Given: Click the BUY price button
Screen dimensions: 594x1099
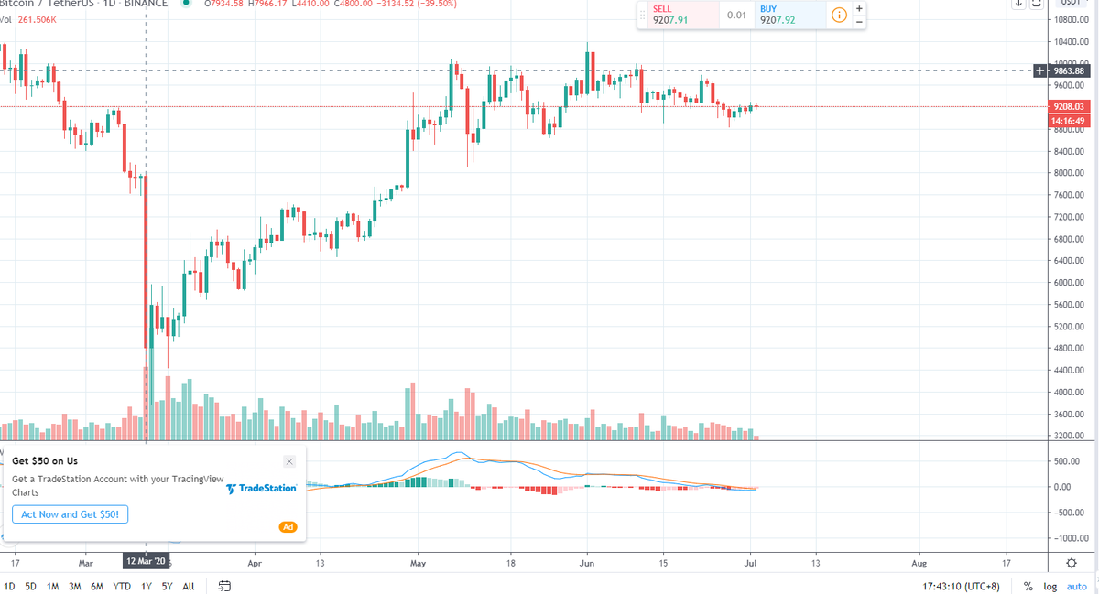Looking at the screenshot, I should (780, 15).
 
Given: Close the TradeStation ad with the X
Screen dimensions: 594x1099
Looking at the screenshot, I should (289, 461).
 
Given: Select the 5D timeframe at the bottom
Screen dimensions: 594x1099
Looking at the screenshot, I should (31, 586).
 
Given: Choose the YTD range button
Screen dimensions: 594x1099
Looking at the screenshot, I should (121, 586).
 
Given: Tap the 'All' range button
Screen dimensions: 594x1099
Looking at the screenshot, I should (188, 586).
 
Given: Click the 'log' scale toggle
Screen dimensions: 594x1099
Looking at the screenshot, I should (1050, 586).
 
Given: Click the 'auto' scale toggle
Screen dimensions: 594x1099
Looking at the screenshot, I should (1076, 586).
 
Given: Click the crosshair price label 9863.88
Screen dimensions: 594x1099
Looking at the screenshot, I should (1068, 70).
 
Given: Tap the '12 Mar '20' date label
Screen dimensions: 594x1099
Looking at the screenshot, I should (147, 561).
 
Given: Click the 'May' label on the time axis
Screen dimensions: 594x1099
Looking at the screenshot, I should (418, 562).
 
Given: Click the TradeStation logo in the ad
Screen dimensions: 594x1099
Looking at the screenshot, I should (261, 489).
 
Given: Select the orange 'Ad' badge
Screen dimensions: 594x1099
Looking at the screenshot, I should (288, 526).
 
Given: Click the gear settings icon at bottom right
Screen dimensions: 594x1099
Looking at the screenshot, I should (1072, 562).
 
